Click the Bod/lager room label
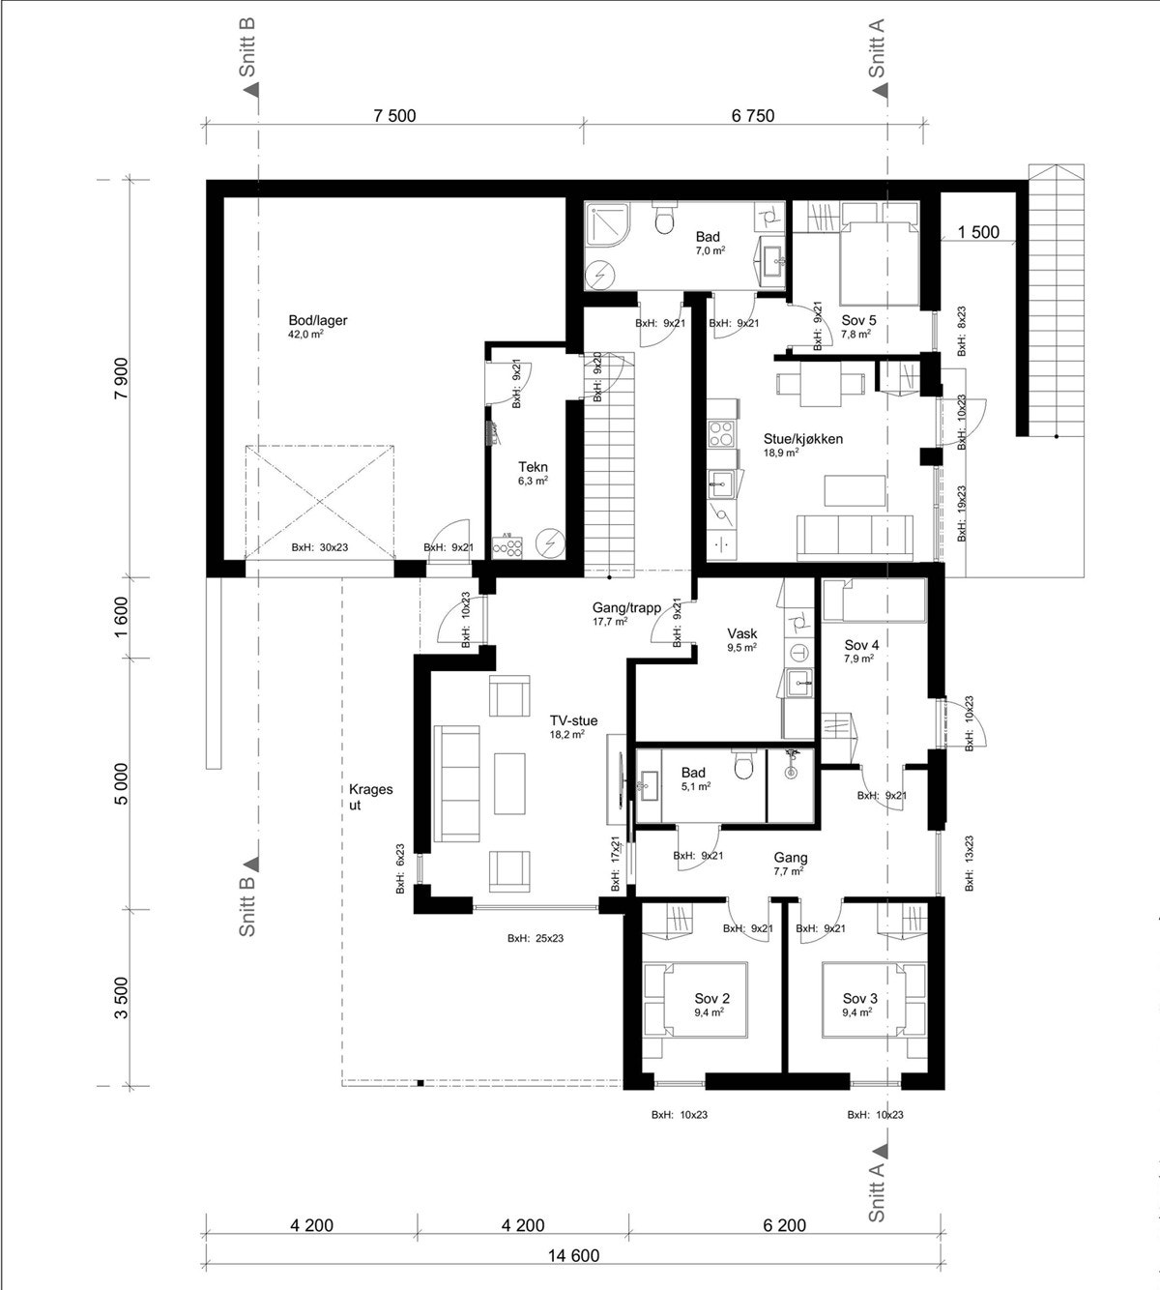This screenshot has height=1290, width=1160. click(318, 320)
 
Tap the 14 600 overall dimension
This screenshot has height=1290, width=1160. click(573, 1255)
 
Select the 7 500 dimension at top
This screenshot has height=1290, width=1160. click(394, 116)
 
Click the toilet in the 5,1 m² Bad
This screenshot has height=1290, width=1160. click(743, 765)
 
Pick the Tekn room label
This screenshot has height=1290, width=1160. click(533, 467)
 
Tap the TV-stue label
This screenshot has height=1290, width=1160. click(573, 720)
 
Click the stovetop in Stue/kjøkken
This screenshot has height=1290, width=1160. click(721, 433)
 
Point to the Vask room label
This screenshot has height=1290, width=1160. click(742, 633)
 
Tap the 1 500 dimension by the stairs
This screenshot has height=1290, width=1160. click(978, 232)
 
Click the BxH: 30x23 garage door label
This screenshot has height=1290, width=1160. click(320, 547)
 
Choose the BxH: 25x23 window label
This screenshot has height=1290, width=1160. click(535, 938)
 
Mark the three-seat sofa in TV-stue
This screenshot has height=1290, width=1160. click(457, 783)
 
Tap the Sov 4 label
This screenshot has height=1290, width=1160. click(861, 645)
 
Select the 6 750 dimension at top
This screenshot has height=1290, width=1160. click(753, 116)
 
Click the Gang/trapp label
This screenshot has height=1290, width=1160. click(626, 607)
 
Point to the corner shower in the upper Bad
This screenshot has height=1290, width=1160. click(607, 224)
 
